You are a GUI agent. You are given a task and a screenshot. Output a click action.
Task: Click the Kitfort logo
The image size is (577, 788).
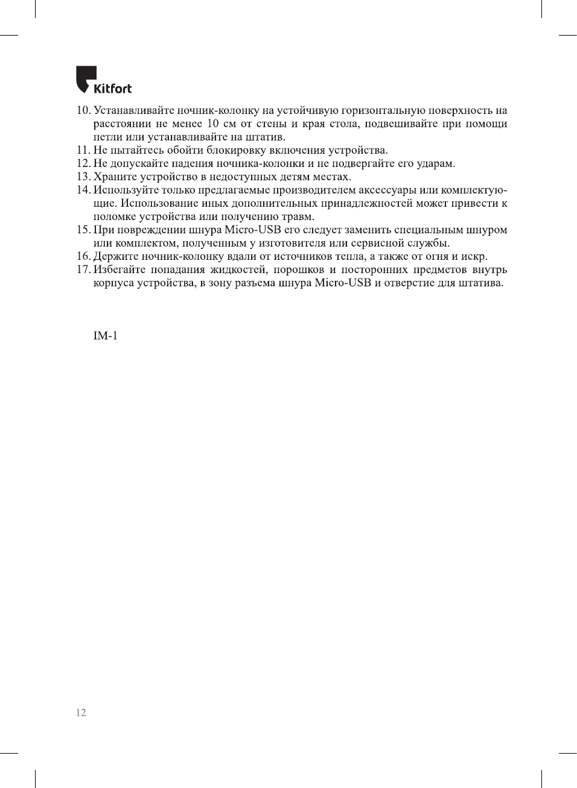point(103,80)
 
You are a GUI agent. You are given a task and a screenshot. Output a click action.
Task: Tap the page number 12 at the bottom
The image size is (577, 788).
point(81,713)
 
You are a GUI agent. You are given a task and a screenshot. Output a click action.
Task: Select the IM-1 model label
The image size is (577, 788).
point(105,335)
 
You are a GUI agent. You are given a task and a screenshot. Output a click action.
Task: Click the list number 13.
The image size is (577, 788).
point(83,177)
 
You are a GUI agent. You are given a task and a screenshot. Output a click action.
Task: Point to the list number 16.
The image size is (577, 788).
point(83,256)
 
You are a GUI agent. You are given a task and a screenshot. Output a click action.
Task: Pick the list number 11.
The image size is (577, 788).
point(83,150)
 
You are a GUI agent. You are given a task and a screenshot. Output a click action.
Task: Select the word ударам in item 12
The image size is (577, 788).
point(436,163)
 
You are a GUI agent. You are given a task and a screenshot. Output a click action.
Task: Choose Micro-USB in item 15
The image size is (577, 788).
point(252,230)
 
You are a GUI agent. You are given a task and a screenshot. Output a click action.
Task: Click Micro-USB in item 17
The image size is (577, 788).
point(342,283)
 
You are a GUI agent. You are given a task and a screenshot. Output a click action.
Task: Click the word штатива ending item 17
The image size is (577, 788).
point(481,283)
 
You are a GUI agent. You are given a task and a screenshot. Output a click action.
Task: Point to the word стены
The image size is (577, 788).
point(271,124)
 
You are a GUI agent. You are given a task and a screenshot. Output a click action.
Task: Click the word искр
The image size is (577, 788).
point(474,256)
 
